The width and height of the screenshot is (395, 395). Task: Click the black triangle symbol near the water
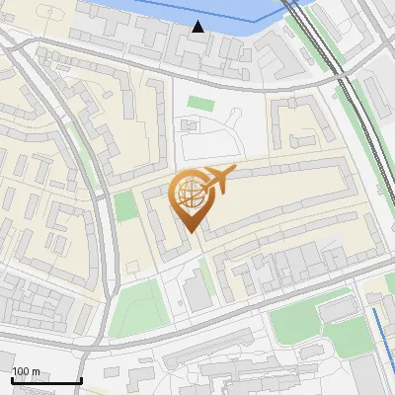pyautogui.click(x=198, y=27)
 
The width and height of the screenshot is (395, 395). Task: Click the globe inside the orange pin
pyautogui.click(x=188, y=192)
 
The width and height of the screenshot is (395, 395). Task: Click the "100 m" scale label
pyautogui.click(x=26, y=371)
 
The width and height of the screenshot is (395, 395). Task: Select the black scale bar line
pyautogui.click(x=45, y=381)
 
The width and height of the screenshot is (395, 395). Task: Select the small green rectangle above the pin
pyautogui.click(x=200, y=103)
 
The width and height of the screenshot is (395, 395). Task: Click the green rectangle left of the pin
pyautogui.click(x=124, y=206)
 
